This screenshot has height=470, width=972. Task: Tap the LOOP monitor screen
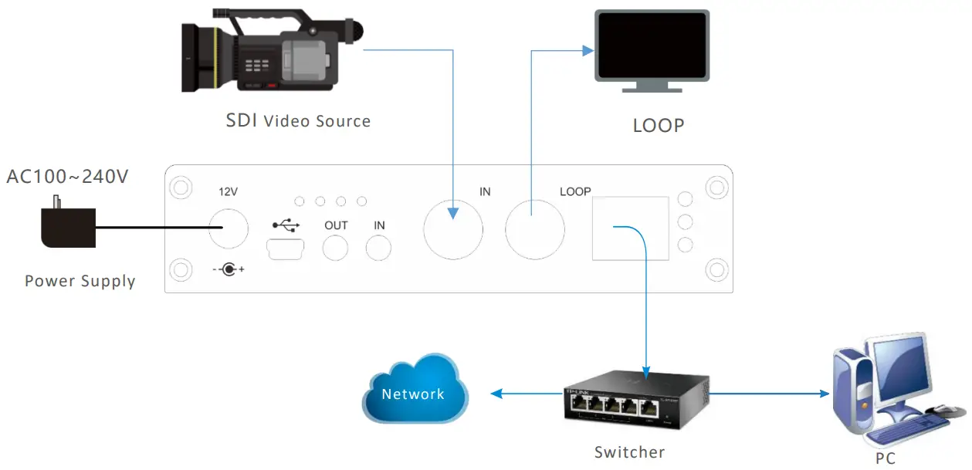pos(652,45)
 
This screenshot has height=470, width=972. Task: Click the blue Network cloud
pos(415,391)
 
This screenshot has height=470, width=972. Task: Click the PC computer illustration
pos(888,394)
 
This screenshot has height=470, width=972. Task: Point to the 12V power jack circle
pos(228,228)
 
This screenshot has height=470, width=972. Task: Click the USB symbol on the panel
pos(285,225)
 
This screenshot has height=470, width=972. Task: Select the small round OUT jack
pos(336,248)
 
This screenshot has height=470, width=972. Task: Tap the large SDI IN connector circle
pos(453,229)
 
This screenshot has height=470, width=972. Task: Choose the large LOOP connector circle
pos(534,229)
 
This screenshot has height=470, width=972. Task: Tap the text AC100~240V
pos(67,177)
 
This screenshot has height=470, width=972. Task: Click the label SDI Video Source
pos(298,121)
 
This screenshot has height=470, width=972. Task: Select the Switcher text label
pos(629,452)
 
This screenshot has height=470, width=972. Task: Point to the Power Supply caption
pos(80,281)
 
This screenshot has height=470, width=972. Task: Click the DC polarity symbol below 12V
pos(228,270)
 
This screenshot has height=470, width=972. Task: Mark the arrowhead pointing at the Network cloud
pos(496,394)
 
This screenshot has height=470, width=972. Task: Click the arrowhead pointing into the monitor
pos(588,51)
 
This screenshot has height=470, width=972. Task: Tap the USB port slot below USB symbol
pos(285,248)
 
